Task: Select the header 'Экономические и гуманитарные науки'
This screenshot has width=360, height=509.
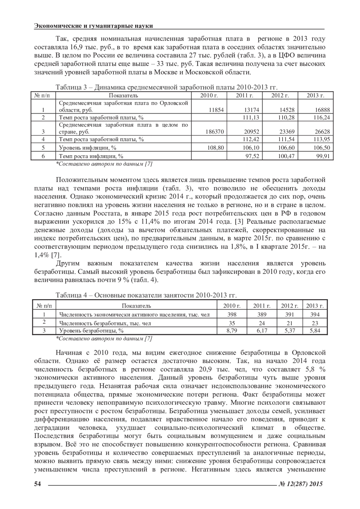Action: [x=94, y=26]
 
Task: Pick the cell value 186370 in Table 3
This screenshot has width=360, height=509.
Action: [x=214, y=132]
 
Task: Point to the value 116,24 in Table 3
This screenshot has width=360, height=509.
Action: [x=322, y=118]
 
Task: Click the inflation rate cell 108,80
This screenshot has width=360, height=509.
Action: [x=216, y=148]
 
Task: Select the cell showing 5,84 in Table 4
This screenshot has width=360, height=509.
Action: [x=315, y=331]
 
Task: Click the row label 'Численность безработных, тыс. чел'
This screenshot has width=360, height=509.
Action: [x=105, y=323]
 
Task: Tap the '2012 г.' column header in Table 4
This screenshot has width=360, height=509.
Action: [x=289, y=306]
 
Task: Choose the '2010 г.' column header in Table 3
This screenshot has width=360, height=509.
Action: [x=209, y=96]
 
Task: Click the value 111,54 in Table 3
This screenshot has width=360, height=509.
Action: [x=286, y=139]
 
